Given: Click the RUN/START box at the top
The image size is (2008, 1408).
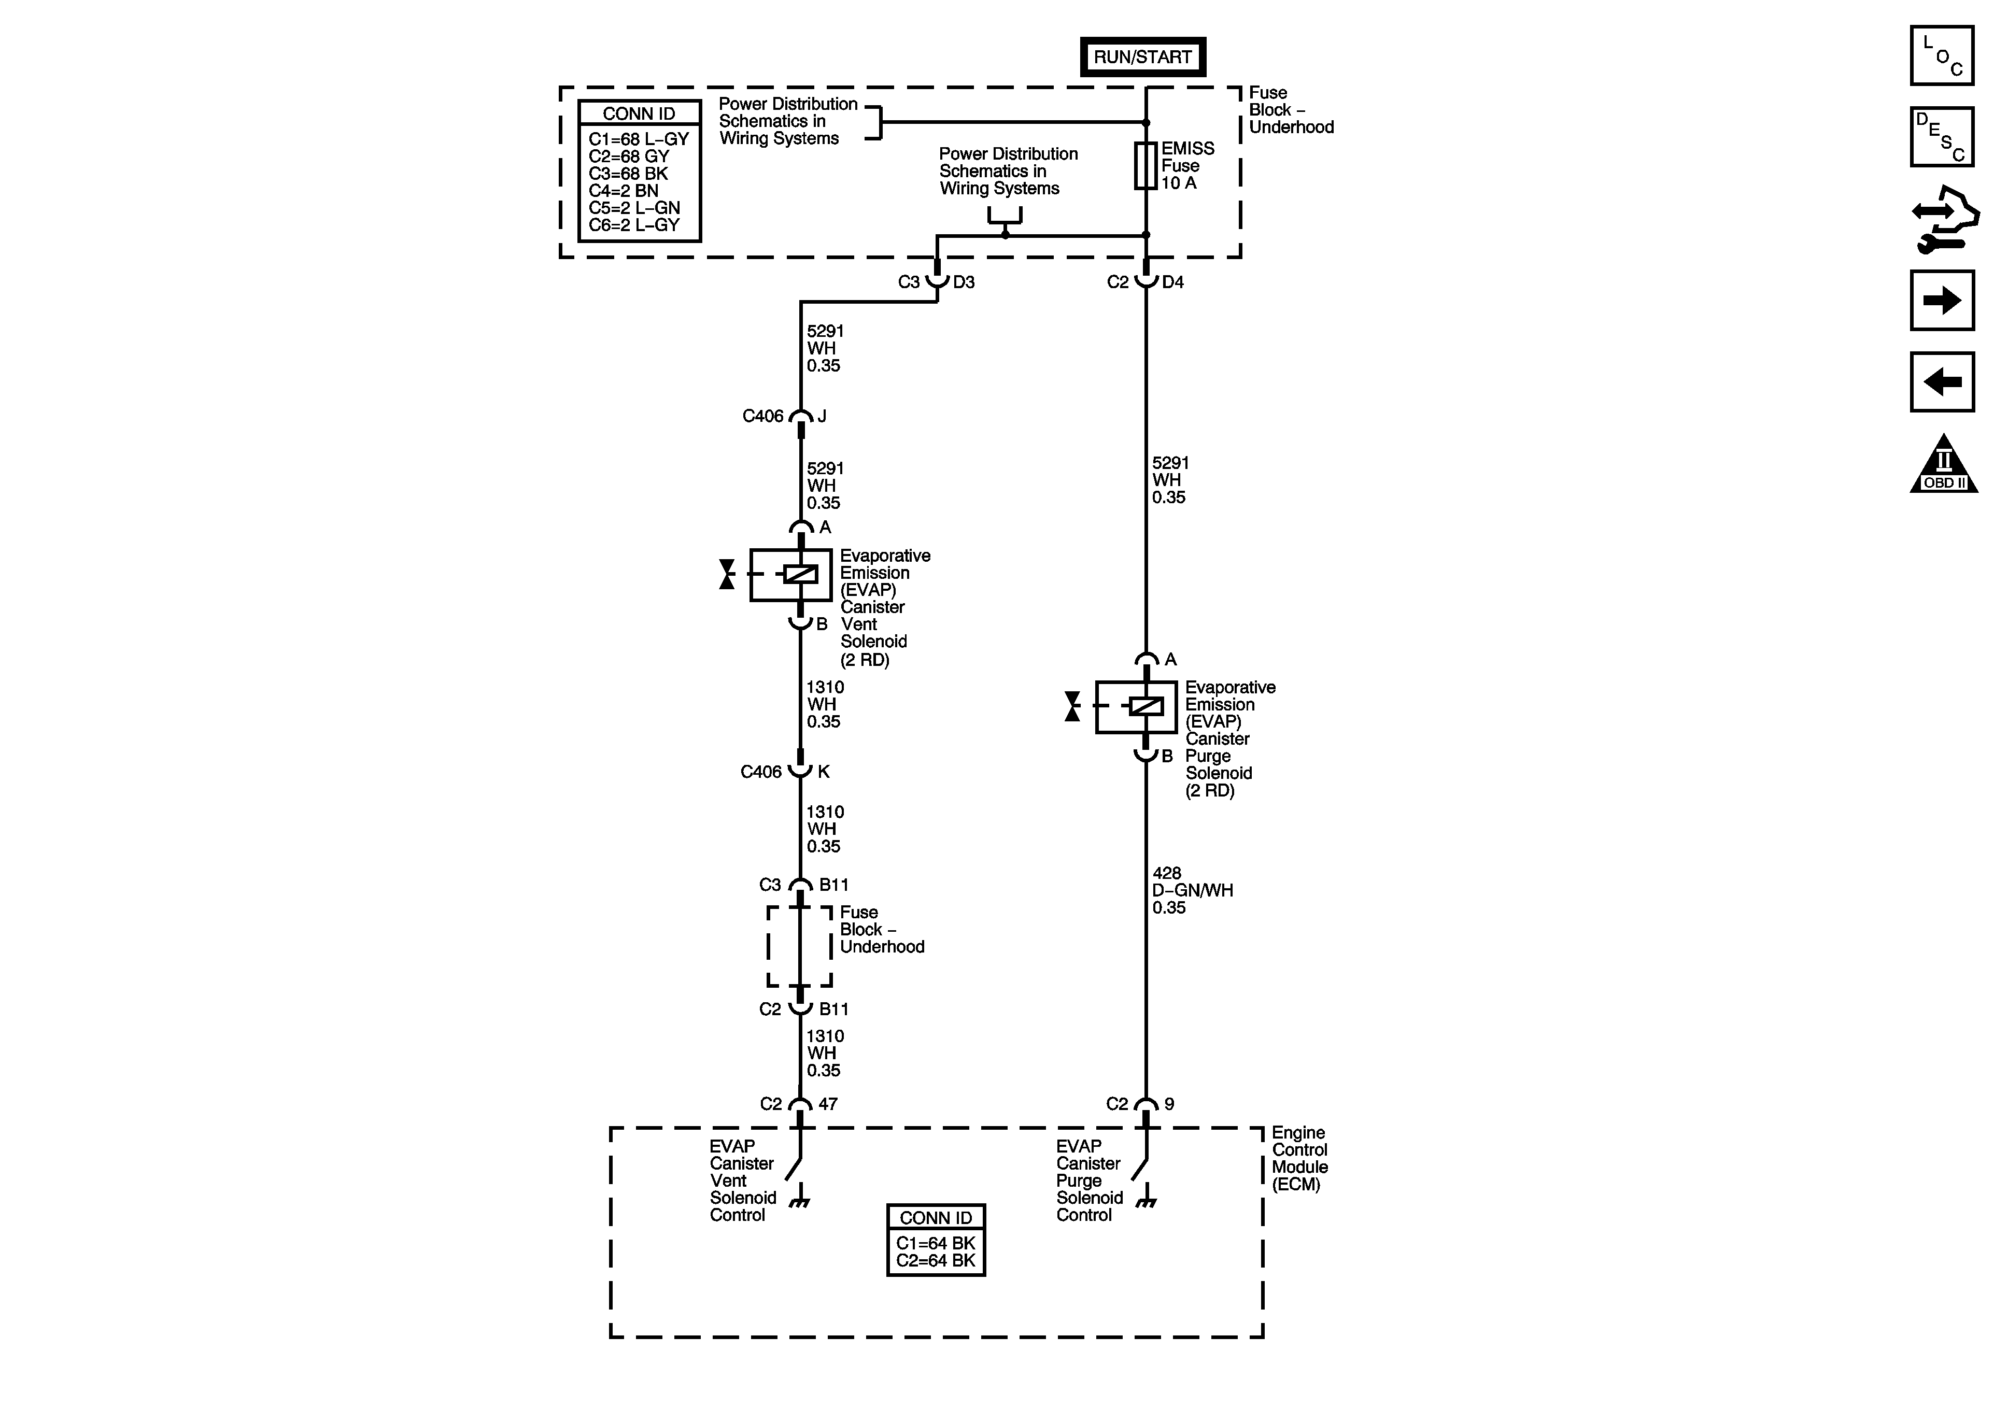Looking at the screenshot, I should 1142,57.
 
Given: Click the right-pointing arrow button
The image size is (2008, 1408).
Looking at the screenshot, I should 1942,300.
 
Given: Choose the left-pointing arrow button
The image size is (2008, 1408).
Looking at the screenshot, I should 1942,381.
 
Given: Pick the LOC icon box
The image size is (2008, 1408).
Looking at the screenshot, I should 1942,55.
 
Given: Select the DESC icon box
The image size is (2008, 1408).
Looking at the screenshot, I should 1942,136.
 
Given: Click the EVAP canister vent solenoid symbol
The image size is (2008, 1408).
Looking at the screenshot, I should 791,575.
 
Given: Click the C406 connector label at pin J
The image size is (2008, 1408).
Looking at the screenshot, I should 762,416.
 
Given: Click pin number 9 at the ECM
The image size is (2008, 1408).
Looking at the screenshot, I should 1169,1104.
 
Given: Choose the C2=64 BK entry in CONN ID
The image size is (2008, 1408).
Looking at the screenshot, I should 935,1260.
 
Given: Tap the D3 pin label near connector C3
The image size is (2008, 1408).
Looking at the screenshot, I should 964,281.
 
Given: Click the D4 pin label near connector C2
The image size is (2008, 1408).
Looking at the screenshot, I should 1173,281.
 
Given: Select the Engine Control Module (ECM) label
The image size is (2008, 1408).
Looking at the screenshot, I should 1299,1158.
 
